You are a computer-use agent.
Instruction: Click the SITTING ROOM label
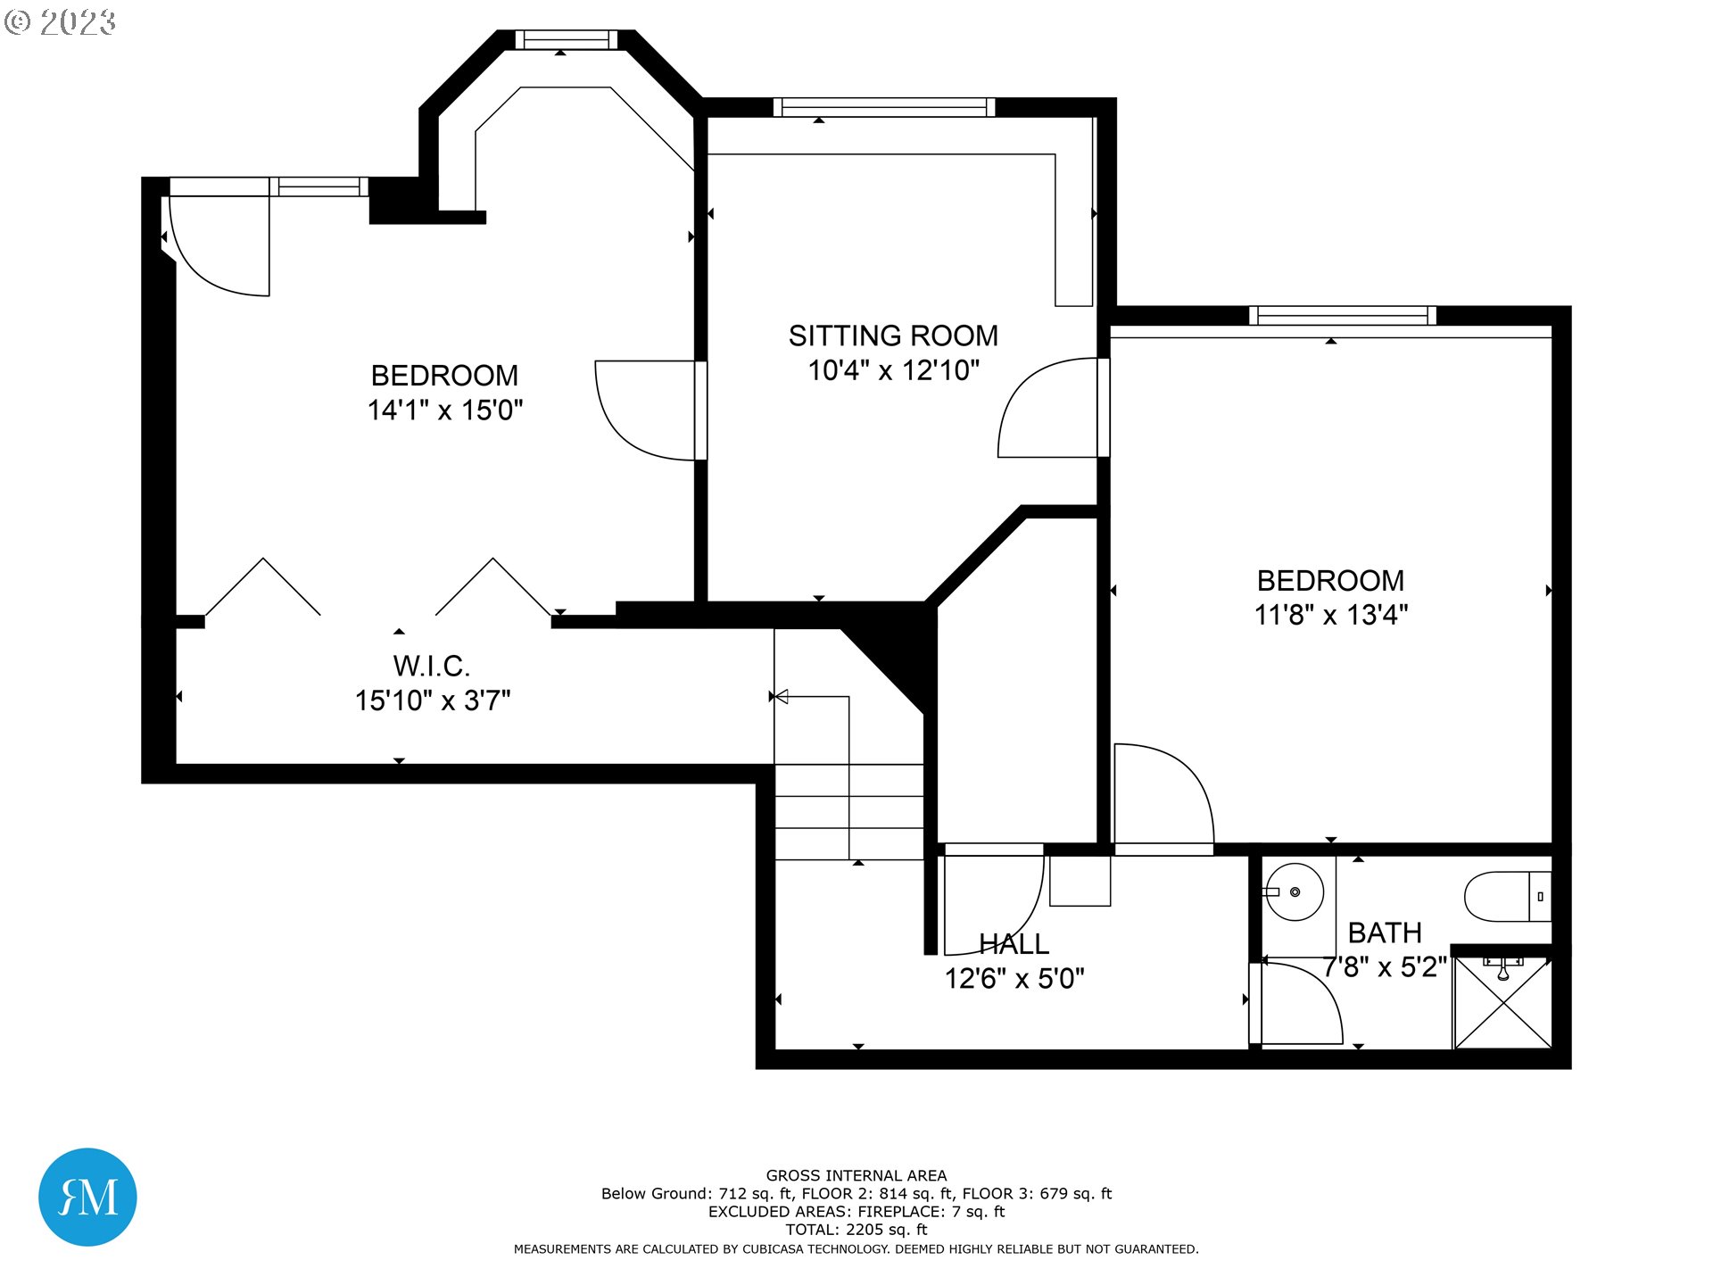(893, 336)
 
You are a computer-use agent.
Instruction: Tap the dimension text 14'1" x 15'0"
(445, 410)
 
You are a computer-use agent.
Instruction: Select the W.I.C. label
(431, 666)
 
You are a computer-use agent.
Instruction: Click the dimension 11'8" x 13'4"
(1330, 615)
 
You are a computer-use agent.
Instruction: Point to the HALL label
(1014, 944)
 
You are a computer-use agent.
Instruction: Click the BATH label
(1384, 933)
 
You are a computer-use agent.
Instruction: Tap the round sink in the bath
(1295, 891)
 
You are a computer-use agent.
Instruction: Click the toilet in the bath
(1508, 897)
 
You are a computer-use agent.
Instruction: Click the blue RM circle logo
(87, 1197)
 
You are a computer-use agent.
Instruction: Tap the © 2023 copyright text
(61, 22)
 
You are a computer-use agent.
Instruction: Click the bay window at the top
(566, 39)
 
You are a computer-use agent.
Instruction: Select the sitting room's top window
(883, 107)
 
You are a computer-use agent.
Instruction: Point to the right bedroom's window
(1342, 315)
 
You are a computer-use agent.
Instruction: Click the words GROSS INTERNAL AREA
(856, 1175)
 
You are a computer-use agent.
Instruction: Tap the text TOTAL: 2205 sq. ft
(856, 1229)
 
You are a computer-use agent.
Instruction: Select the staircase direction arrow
(782, 696)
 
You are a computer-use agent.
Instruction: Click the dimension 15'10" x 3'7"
(433, 701)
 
